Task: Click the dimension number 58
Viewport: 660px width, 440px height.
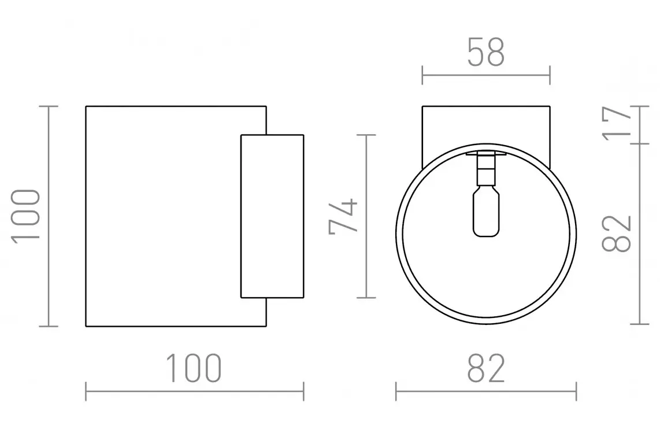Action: click(x=485, y=52)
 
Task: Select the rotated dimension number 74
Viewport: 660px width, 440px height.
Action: click(x=343, y=216)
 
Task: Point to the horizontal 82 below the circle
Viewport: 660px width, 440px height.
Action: click(x=485, y=368)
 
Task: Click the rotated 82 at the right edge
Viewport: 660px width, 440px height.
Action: click(x=617, y=234)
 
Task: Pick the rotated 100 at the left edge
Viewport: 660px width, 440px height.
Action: click(x=25, y=216)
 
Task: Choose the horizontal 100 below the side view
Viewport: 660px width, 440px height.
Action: click(x=193, y=368)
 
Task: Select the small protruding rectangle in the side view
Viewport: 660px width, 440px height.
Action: click(x=272, y=216)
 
